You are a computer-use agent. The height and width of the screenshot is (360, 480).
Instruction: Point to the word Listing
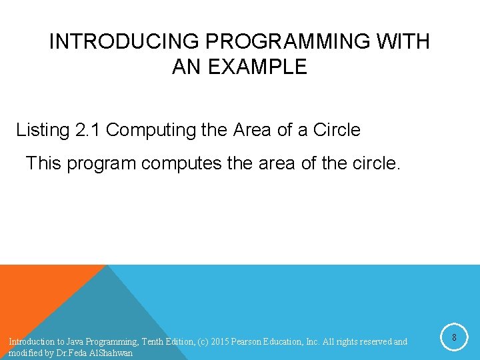click(42, 130)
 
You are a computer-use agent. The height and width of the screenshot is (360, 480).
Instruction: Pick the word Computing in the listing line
click(151, 130)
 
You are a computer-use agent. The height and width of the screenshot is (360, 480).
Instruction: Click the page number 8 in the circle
click(454, 338)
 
